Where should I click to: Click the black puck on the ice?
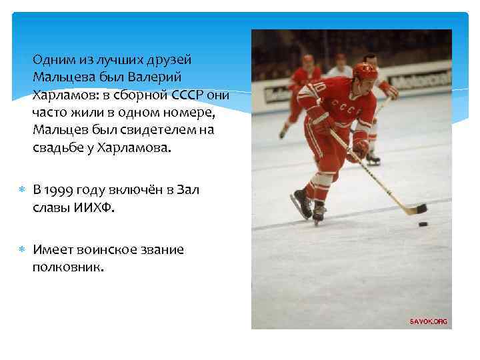coord(423,223)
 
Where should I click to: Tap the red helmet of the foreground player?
coord(365,70)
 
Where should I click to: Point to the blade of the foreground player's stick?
coord(417,211)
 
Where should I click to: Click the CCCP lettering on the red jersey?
coord(347,105)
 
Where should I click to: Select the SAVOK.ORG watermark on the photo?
coord(428,321)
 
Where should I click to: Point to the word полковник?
coord(67,267)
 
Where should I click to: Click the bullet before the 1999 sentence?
coord(21,190)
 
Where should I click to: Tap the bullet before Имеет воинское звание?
coord(21,250)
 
